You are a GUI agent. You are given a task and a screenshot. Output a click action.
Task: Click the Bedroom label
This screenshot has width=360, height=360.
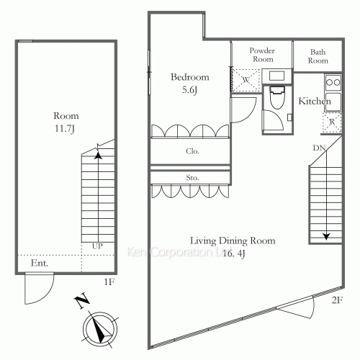[190, 77]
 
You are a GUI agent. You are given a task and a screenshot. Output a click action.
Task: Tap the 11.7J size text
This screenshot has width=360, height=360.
[65, 129]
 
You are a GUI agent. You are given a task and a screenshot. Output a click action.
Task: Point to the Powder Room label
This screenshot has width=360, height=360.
[262, 55]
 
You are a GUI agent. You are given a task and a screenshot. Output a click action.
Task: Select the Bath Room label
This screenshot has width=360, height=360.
[318, 56]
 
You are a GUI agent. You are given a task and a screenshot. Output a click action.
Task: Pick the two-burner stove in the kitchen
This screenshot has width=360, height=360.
[333, 82]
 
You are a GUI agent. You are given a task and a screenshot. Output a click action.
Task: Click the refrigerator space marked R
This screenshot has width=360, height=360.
[332, 122]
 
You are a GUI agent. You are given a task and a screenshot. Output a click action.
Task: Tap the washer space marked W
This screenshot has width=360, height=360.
[246, 80]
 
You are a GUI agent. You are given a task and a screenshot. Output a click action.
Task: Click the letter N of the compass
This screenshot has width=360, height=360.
[82, 300]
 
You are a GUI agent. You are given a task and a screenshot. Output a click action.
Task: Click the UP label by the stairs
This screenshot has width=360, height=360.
[97, 246]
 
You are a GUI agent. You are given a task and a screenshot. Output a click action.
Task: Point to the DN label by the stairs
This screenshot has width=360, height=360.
[319, 148]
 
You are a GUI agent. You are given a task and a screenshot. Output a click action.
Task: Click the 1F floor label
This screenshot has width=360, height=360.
[109, 282]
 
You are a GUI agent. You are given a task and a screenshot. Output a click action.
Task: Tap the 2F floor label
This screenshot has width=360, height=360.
[337, 300]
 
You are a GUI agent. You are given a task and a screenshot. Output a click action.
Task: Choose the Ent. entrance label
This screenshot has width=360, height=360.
[40, 263]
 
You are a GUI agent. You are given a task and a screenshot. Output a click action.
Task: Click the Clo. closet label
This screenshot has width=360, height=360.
[192, 151]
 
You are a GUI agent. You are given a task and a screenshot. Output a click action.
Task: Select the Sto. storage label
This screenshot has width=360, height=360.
[192, 178]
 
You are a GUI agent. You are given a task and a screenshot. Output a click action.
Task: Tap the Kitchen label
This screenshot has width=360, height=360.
[315, 101]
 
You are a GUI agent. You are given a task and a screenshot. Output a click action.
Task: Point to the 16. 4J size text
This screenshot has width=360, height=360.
[234, 253]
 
